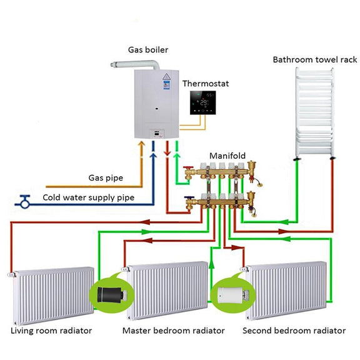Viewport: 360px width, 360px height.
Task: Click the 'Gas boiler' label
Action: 148,50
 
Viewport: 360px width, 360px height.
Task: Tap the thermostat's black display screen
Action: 202,102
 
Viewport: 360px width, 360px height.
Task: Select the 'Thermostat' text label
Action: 206,84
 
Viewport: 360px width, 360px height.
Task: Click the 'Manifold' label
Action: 227,156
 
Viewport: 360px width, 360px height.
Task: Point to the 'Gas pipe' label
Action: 106,178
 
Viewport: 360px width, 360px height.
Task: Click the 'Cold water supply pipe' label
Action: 88,197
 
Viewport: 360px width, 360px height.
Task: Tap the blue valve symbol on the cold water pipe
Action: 24,202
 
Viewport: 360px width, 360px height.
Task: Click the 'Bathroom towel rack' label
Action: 315,60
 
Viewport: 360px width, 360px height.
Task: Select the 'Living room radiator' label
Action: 51,331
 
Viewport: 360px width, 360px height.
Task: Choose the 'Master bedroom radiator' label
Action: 174,331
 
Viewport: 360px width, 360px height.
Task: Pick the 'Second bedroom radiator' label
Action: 294,331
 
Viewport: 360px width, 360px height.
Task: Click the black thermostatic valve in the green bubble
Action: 112,295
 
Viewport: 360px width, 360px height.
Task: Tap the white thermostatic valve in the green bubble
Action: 233,295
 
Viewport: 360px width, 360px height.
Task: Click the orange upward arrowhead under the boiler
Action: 142,144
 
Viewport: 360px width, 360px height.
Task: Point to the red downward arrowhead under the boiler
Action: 167,152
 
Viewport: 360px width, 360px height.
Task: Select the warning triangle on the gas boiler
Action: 166,77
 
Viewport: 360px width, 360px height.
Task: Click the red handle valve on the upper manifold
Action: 189,168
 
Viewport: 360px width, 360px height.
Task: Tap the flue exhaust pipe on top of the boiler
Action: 136,64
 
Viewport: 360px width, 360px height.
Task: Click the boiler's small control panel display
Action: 157,133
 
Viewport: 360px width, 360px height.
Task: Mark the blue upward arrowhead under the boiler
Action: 153,156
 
